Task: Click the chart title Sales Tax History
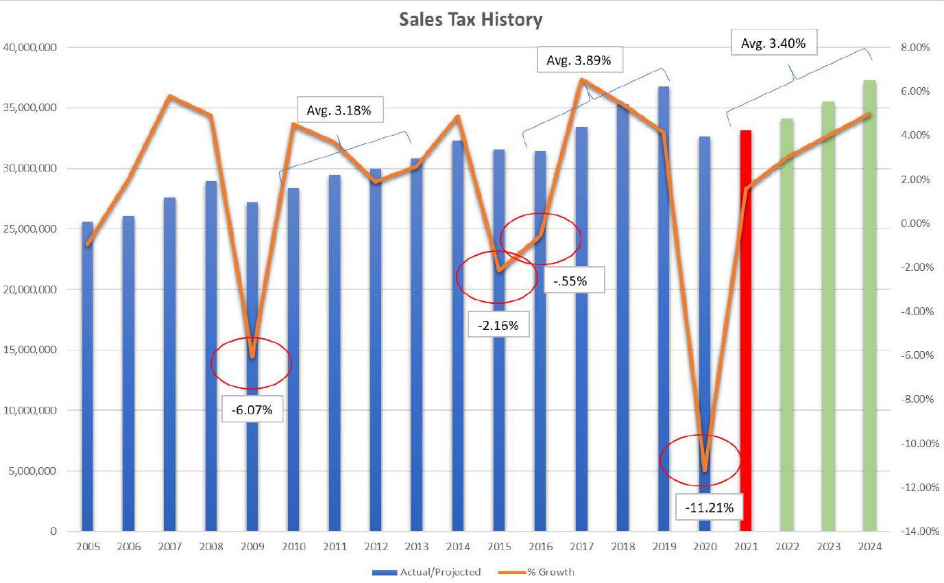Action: pos(470,20)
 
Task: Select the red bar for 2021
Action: pos(746,329)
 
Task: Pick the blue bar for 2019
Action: pos(664,309)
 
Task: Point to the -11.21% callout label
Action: pos(709,508)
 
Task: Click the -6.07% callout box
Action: pos(252,410)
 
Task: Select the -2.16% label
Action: pos(498,326)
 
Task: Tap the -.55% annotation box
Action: pos(574,281)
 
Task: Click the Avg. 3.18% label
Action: pos(339,110)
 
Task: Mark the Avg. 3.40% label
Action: pos(773,44)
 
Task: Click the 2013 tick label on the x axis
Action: pos(417,547)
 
